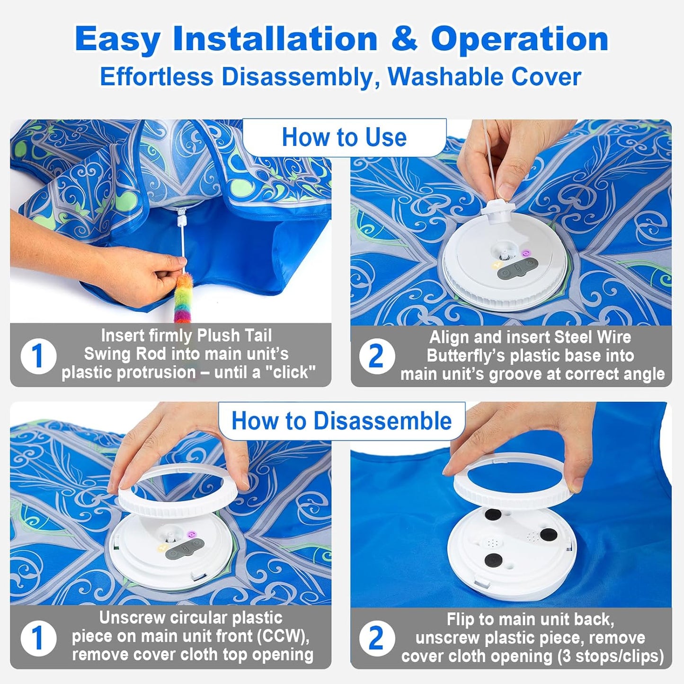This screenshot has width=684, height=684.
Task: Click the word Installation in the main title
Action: [275, 39]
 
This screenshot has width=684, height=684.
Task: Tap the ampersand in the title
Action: [404, 39]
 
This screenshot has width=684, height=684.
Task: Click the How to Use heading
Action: [344, 137]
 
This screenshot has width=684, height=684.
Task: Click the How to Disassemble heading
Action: [341, 421]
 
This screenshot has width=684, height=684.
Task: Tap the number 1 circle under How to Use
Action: [38, 356]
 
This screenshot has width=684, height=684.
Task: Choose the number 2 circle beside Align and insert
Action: [376, 356]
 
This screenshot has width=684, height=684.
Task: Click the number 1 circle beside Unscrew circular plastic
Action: [38, 638]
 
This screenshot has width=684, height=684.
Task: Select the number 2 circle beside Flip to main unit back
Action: [376, 638]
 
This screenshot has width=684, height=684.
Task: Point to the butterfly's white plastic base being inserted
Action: [500, 212]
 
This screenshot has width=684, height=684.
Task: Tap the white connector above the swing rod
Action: [181, 218]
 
